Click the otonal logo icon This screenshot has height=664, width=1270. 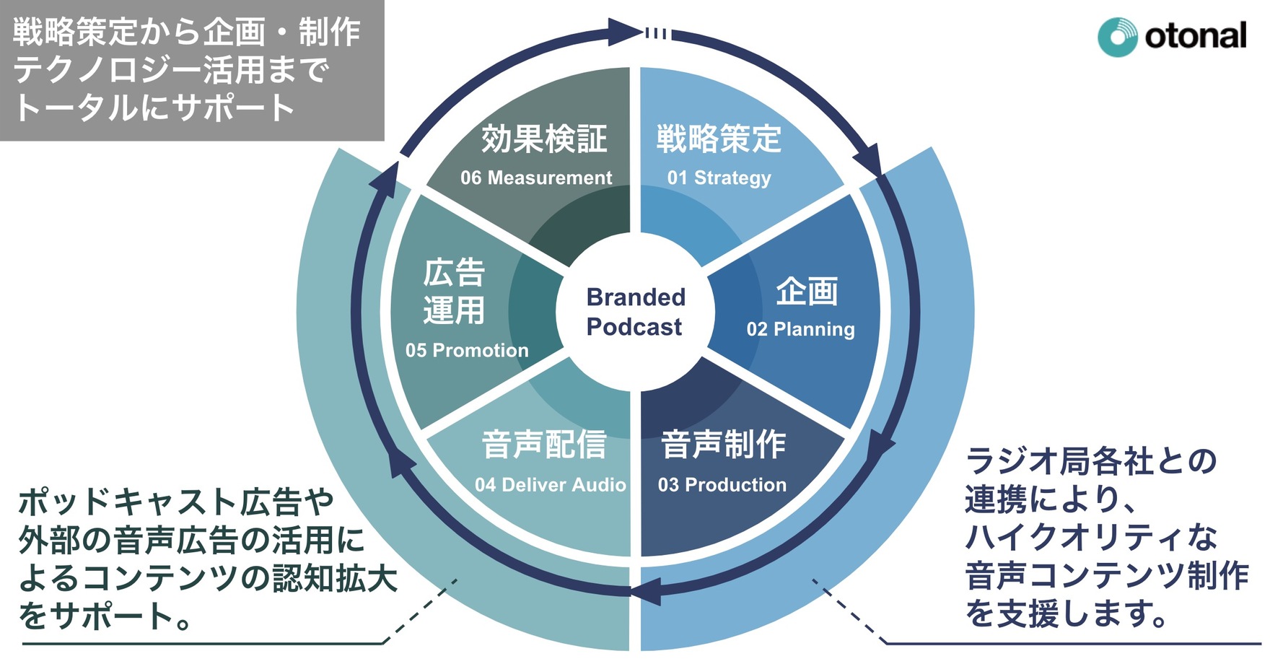click(x=1117, y=37)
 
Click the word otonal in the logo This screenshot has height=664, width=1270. click(x=1195, y=36)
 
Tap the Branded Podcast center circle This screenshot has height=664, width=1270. click(x=634, y=312)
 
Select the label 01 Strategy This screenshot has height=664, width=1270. click(x=719, y=178)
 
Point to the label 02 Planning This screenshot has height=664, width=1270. click(x=800, y=329)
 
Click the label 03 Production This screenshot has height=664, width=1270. click(x=722, y=485)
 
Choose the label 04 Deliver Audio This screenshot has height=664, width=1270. click(x=550, y=485)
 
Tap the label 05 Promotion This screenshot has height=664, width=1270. click(x=467, y=351)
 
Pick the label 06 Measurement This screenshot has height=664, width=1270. click(x=536, y=178)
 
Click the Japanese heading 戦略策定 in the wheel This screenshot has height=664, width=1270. click(x=719, y=139)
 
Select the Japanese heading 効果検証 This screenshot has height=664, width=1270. click(x=544, y=139)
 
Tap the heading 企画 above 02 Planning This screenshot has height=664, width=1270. click(x=807, y=292)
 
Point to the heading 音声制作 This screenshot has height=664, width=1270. click(x=723, y=445)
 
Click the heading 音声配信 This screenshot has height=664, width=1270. click(x=544, y=445)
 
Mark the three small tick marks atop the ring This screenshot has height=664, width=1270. click(x=657, y=33)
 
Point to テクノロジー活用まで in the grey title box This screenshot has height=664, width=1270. click(x=172, y=71)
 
